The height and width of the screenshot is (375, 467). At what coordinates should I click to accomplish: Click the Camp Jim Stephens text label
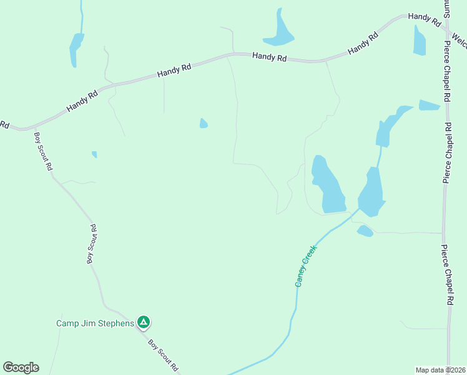tap(95, 323)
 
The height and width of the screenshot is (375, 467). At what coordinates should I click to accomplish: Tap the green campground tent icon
tap(144, 322)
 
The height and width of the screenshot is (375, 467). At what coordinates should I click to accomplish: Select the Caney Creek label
tap(306, 266)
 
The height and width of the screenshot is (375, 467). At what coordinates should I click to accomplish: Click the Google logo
tap(21, 367)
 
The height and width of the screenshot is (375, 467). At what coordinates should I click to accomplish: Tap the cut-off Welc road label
tap(460, 41)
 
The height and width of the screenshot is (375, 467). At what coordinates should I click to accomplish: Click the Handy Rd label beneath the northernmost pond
tap(269, 57)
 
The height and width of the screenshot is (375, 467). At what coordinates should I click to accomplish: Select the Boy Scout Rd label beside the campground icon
tap(163, 355)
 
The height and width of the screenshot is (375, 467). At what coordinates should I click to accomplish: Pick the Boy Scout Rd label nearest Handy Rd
tap(43, 152)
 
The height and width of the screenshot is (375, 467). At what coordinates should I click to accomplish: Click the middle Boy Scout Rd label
tap(92, 244)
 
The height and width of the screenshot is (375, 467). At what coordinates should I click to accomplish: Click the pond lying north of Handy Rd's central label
tap(279, 32)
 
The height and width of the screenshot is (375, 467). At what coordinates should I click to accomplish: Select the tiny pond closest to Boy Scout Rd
tap(94, 154)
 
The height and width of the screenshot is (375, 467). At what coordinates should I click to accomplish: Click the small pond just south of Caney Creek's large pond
tap(365, 231)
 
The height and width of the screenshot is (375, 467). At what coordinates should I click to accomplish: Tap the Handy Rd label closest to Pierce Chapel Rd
tap(425, 18)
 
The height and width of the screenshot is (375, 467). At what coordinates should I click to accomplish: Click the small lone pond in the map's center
tap(204, 123)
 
